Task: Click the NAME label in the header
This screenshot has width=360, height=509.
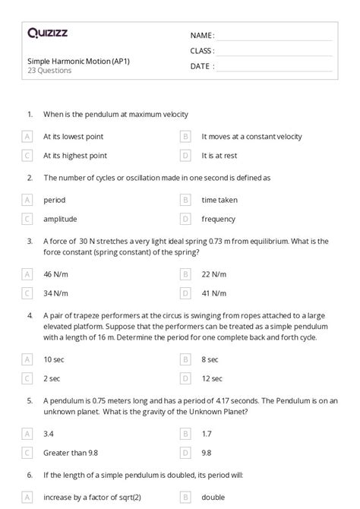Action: point(202,35)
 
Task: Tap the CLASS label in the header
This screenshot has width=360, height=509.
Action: point(202,51)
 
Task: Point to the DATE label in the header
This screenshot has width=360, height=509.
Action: point(201,66)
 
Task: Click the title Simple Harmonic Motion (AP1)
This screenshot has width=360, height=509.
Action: point(68,61)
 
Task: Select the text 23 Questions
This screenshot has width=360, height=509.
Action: point(49,71)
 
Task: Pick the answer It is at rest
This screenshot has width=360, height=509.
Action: point(219,156)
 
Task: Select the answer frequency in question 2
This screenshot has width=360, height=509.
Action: point(219,219)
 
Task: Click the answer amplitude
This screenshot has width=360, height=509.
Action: point(60,219)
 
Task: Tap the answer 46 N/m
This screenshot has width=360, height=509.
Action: point(56,273)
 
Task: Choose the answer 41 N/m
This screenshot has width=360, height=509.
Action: point(214,292)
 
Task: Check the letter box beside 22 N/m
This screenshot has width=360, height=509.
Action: point(185,273)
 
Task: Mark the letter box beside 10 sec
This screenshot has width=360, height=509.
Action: point(27,359)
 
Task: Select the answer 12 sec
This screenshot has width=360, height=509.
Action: point(212,378)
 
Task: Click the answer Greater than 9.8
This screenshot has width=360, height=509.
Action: point(71,453)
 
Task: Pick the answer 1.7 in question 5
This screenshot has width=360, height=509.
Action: point(207,434)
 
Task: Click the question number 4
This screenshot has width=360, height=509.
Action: point(30,315)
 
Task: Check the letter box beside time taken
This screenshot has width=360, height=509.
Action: point(185,200)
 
